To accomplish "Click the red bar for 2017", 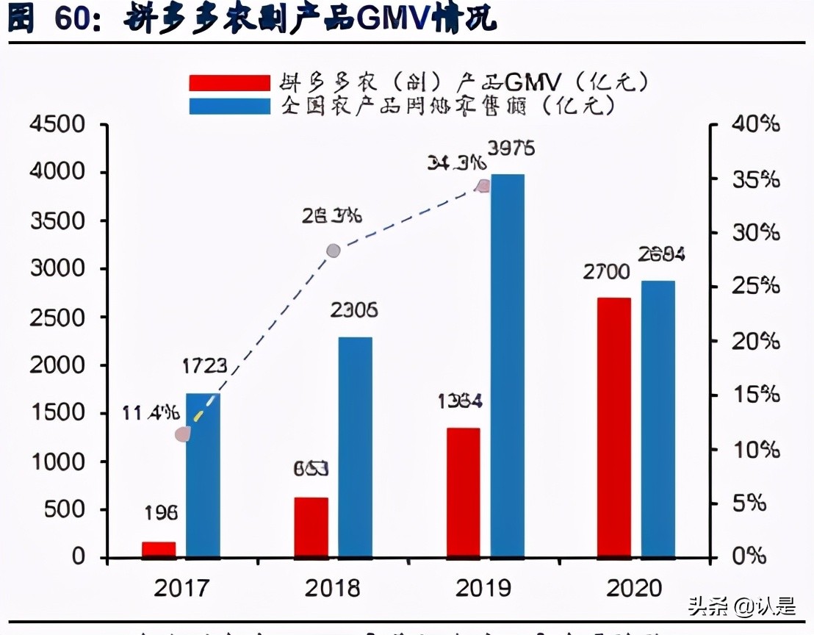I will coord(159,550).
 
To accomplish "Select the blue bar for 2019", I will coord(508,365).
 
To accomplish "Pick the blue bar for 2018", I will coord(355,446).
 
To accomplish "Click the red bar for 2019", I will coord(463,492).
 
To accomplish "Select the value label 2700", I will coord(606,273).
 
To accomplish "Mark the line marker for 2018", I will coord(334,251).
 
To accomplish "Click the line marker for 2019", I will coord(483,186).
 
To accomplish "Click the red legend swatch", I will coord(229,82).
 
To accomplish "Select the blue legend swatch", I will coord(229,106).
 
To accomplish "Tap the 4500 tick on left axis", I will coord(57,125).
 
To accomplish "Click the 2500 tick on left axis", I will coord(57,317).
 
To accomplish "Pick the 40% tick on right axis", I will coord(755,125).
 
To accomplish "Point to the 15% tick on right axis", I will coord(755,395).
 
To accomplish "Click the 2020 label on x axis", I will coord(635,589).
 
